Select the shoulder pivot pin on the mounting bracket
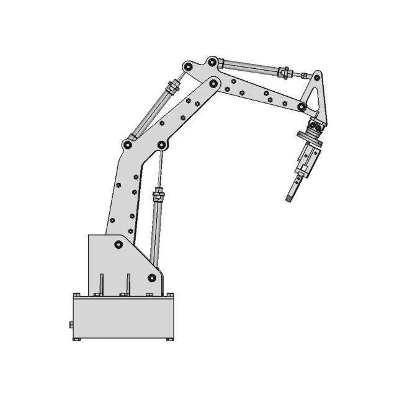118,244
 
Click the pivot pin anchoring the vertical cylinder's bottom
151,277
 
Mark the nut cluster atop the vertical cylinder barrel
159,196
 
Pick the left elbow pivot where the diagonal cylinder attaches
128,145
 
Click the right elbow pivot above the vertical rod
162,145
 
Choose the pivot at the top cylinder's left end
212,62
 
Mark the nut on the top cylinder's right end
283,73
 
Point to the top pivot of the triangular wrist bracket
317,76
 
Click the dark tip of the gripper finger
289,198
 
